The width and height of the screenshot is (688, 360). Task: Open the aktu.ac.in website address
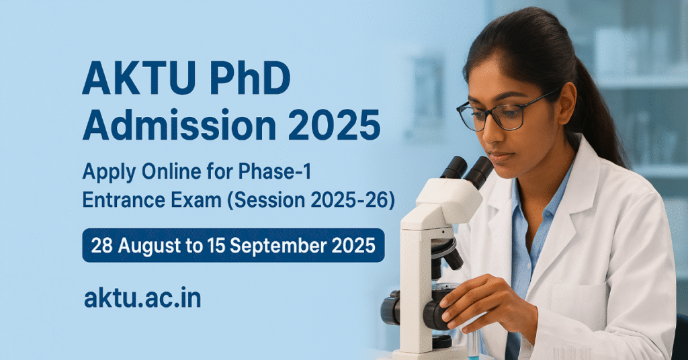click(142, 298)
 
